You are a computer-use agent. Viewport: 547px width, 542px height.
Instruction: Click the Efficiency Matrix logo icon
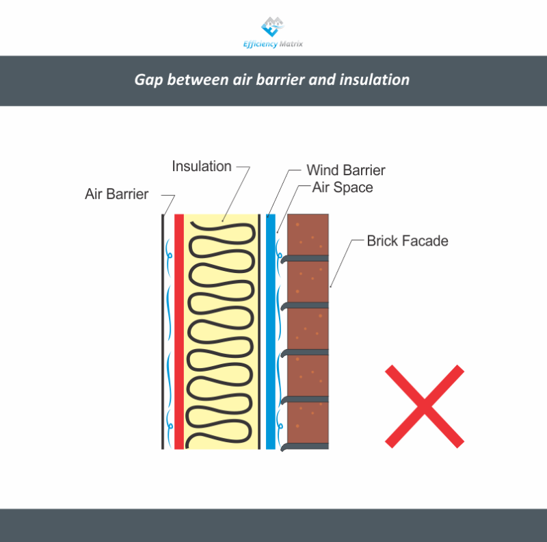(273, 27)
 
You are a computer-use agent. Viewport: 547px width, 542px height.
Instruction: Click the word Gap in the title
(147, 80)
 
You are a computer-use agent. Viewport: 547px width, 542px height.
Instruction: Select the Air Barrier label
(116, 194)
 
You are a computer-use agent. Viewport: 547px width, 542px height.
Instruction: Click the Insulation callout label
(202, 166)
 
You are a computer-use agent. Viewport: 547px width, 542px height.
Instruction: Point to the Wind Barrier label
(345, 170)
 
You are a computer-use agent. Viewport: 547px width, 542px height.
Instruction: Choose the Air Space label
(343, 187)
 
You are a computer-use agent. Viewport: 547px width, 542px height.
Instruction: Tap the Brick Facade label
(408, 240)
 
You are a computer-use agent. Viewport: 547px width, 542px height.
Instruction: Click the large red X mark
(424, 405)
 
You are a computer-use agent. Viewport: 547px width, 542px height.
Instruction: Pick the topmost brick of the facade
(308, 235)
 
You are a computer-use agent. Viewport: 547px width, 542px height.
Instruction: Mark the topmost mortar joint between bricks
(308, 258)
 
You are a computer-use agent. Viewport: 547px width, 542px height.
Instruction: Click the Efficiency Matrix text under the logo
(273, 44)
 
